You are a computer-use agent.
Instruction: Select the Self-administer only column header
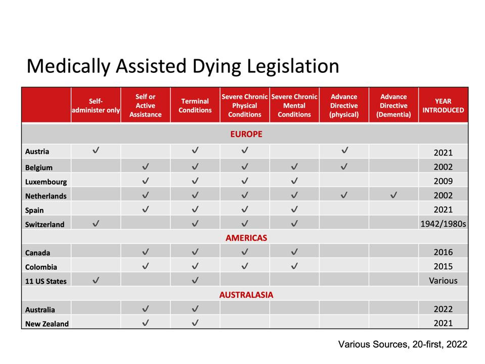point(96,105)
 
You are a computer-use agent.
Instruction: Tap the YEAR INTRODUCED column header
point(443,105)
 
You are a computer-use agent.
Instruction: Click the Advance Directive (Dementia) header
point(393,105)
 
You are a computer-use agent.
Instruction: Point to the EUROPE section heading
point(246,134)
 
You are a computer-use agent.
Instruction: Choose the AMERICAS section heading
point(246,237)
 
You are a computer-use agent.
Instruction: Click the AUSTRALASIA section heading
point(246,295)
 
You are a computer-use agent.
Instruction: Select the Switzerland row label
point(45,224)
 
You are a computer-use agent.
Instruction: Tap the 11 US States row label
point(46,281)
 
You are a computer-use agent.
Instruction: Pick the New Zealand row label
point(47,323)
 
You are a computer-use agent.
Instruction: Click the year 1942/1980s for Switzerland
point(443,224)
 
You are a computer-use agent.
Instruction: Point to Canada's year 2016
point(443,252)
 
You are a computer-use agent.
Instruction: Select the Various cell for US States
point(443,280)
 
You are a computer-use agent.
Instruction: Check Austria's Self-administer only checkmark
point(96,150)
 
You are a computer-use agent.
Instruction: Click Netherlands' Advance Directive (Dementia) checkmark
point(393,195)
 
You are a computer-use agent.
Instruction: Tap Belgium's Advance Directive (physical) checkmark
point(344,166)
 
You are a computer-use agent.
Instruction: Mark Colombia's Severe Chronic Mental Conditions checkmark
point(294,266)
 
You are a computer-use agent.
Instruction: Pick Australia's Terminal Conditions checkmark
point(195,308)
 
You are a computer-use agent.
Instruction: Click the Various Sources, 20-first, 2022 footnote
point(403,344)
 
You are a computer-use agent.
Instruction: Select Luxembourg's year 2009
point(443,181)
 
